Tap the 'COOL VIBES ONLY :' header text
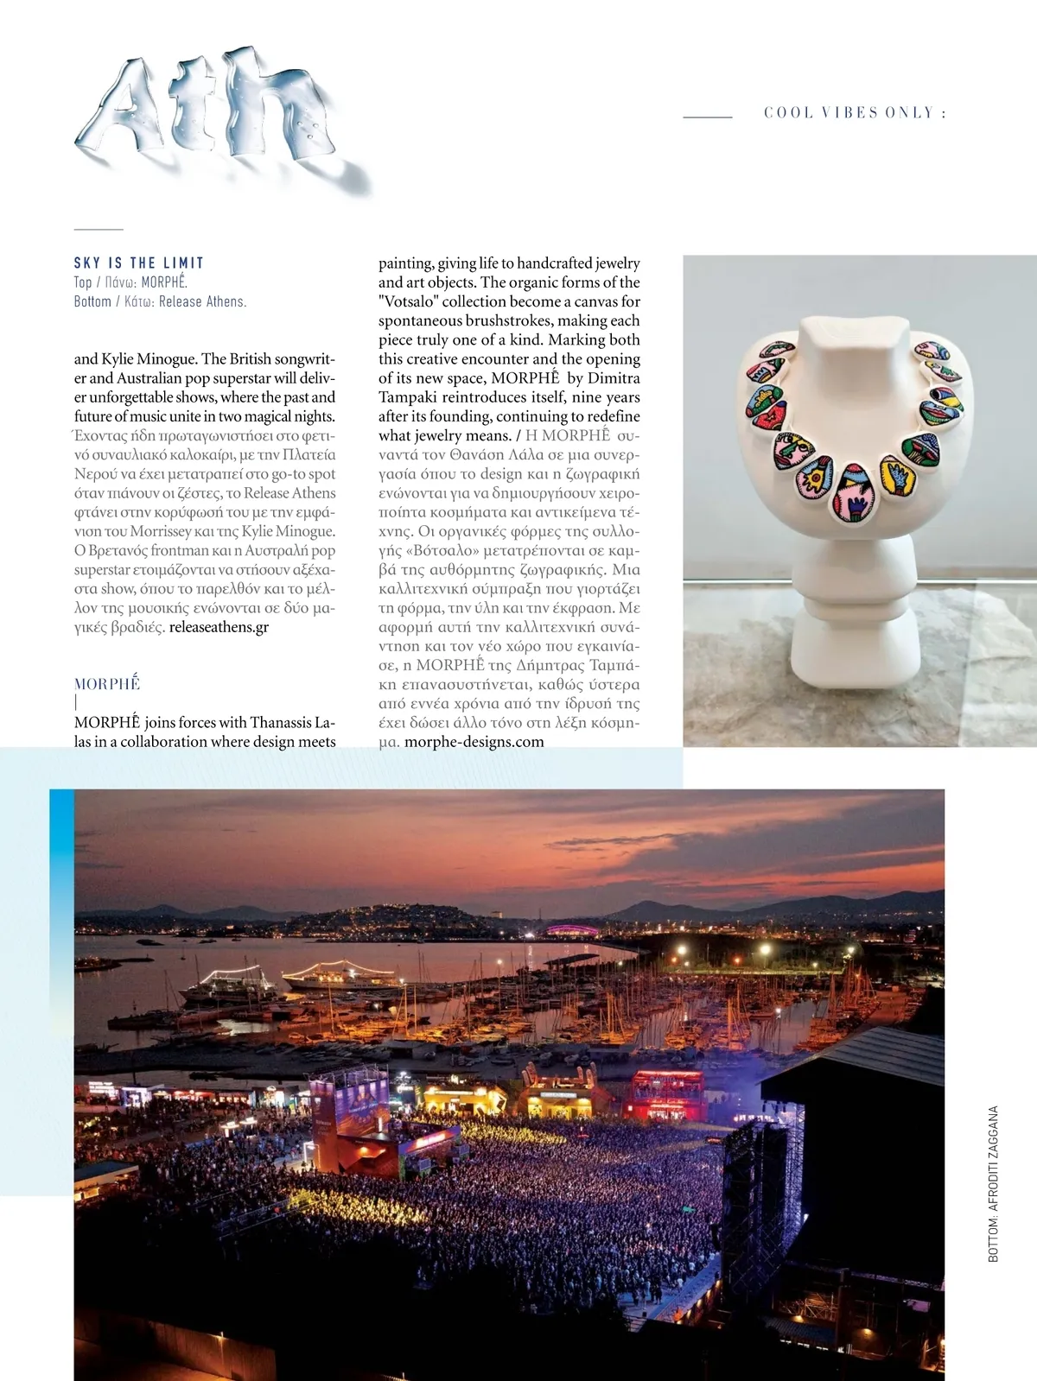click(x=854, y=113)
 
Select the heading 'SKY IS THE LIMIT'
click(x=139, y=263)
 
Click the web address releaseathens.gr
click(x=219, y=627)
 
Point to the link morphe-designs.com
click(x=474, y=742)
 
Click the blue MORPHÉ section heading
click(x=107, y=684)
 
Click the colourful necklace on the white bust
click(x=856, y=423)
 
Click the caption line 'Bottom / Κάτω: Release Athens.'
click(x=160, y=301)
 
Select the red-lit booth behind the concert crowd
click(x=667, y=1093)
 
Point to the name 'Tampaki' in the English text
click(x=407, y=397)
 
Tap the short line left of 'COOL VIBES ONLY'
click(x=708, y=116)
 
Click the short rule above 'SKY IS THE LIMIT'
click(x=99, y=230)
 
